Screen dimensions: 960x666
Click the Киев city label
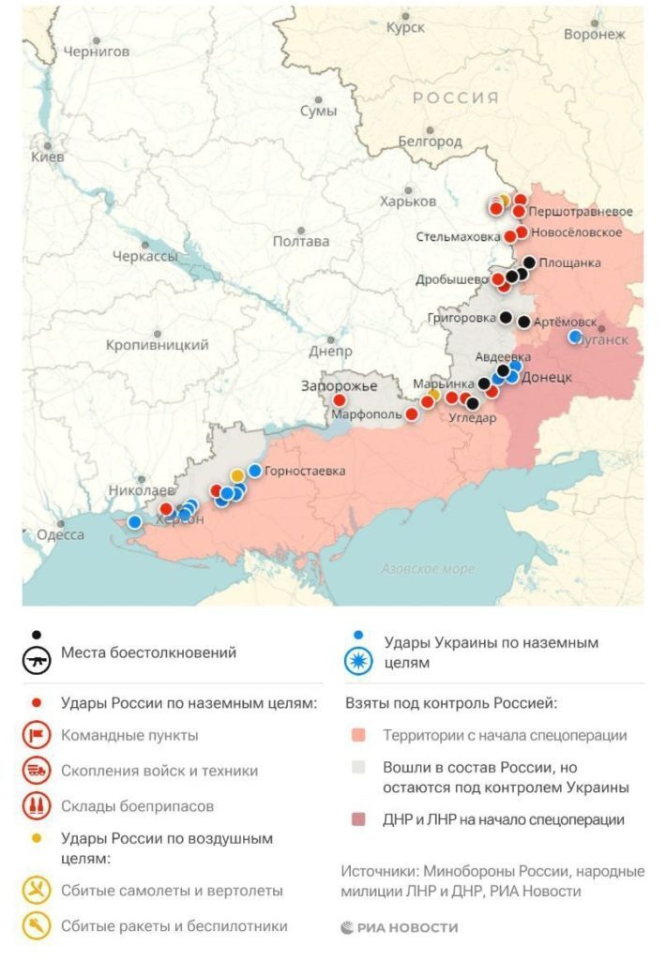[x=48, y=157]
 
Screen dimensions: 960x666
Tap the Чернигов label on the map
[x=96, y=52]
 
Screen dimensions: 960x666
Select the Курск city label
[x=405, y=28]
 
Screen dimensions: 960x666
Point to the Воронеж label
[x=594, y=35]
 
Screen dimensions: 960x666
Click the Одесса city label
[x=60, y=535]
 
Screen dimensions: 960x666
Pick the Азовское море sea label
[x=428, y=568]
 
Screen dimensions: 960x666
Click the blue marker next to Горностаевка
[x=254, y=471]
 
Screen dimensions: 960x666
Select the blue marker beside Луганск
[x=575, y=337]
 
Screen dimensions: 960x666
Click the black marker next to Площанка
[x=530, y=263]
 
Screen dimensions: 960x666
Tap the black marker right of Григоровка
[x=507, y=318]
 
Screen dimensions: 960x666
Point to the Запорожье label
[x=339, y=386]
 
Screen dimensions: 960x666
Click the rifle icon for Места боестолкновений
[x=37, y=659]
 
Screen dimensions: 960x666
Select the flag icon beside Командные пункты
[x=37, y=736]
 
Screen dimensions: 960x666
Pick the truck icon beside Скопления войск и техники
[x=37, y=772]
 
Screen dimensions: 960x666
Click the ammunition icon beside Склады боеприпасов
[x=37, y=806]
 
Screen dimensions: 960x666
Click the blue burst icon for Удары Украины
[x=359, y=661]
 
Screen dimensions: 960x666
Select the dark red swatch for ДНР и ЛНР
[x=359, y=820]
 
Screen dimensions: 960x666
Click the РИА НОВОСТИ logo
[x=400, y=927]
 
